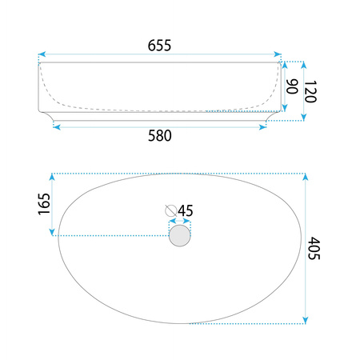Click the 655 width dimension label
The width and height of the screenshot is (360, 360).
159,46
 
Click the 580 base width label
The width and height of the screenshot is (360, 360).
160,136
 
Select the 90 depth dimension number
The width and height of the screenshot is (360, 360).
292,86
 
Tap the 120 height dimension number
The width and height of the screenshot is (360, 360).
310,91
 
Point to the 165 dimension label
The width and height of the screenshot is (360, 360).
44,204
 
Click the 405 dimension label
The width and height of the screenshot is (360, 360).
314,248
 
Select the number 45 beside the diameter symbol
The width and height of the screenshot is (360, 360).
186,211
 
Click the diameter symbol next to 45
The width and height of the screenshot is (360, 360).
170,211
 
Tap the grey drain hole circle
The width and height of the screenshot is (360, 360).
180,236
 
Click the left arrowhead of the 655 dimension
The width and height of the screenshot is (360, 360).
42,54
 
